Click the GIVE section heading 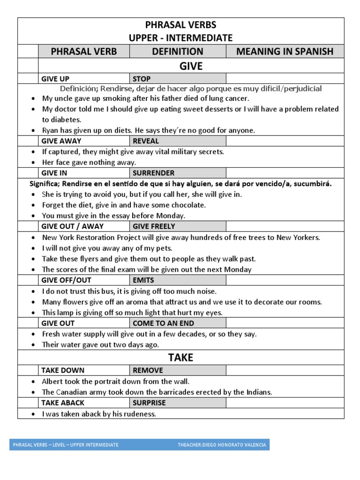191,66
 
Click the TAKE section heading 180,358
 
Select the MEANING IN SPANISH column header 285,52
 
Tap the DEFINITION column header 178,52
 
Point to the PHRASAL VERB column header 84,52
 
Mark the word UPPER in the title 145,38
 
